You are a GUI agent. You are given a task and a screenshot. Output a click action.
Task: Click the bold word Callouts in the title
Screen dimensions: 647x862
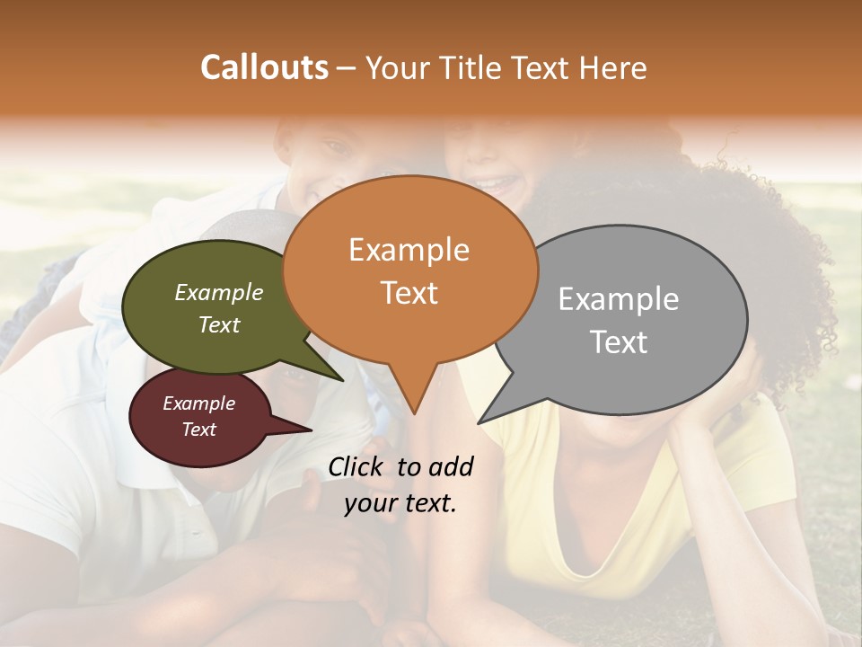tap(264, 67)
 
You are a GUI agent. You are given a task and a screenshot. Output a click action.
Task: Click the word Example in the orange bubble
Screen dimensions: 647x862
tap(409, 250)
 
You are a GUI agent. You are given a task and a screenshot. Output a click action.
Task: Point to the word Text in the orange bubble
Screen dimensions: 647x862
tap(409, 293)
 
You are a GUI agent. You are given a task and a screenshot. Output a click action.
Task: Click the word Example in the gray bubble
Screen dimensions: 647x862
tap(618, 299)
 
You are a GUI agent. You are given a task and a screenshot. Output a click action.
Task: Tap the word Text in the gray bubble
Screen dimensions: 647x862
tap(618, 342)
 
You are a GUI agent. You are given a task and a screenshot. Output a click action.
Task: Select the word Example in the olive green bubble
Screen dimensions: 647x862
tap(218, 293)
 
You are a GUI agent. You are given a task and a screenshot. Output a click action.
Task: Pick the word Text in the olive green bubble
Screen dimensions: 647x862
tap(218, 325)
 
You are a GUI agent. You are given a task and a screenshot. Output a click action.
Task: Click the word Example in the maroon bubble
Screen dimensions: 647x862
tap(198, 403)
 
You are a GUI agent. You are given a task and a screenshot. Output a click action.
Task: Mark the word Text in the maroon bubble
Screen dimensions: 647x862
tap(198, 430)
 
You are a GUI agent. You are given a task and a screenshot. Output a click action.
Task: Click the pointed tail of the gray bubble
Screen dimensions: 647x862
tap(481, 421)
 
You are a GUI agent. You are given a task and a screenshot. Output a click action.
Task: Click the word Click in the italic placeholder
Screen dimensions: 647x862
tap(357, 466)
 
